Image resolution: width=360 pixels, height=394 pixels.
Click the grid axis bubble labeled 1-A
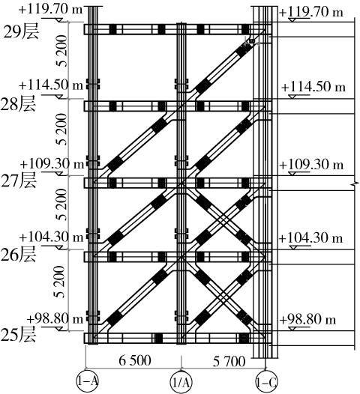[x=87, y=381]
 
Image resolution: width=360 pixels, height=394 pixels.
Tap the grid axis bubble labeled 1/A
[x=181, y=382]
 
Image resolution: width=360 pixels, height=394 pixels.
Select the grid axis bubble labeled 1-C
[x=266, y=382]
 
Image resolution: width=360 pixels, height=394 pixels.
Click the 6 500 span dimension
[x=135, y=360]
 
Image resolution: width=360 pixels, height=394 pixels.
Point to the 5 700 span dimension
[x=229, y=362]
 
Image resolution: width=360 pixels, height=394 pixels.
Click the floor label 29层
[x=21, y=32]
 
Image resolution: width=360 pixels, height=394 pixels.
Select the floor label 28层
[x=18, y=104]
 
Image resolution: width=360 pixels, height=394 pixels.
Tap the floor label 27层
[x=18, y=181]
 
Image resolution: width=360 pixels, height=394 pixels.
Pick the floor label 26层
[x=18, y=255]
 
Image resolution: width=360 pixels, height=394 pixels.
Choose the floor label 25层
[x=18, y=335]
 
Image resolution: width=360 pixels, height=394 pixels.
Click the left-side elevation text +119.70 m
[x=50, y=9]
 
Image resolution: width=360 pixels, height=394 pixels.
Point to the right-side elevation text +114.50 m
[x=313, y=87]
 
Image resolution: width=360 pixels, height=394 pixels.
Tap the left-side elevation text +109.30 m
[x=52, y=164]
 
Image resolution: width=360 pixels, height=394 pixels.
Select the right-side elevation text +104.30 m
[x=310, y=237]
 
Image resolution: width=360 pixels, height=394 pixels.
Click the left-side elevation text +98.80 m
[x=55, y=318]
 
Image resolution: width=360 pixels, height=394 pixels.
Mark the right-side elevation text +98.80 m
[x=307, y=320]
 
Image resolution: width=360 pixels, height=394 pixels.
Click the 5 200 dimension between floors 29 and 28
[x=62, y=51]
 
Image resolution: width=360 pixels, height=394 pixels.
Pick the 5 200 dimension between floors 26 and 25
[x=61, y=282]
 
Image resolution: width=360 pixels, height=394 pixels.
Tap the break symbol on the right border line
[x=355, y=185]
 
